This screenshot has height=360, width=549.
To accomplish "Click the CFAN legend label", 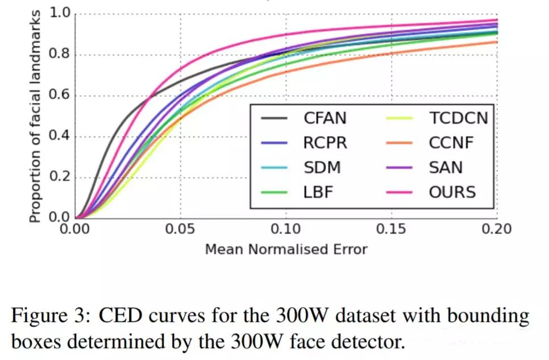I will tap(325, 119).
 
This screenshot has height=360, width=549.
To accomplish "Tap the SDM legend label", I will tap(321, 167).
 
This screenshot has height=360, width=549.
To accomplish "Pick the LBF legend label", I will tap(318, 192).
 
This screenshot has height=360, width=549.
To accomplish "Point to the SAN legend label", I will tap(446, 167).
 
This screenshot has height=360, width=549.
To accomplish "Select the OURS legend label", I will tap(452, 192).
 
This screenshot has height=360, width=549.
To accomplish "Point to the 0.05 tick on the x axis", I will tap(181, 229).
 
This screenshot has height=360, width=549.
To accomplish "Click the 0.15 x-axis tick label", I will tap(392, 229).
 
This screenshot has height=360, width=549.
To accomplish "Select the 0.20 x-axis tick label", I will tap(497, 229).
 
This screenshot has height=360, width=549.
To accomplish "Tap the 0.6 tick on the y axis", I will tap(58, 95).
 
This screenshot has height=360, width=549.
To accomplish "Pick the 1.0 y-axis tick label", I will tap(58, 13).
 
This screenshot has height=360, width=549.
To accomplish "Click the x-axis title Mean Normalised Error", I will tap(286, 249).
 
